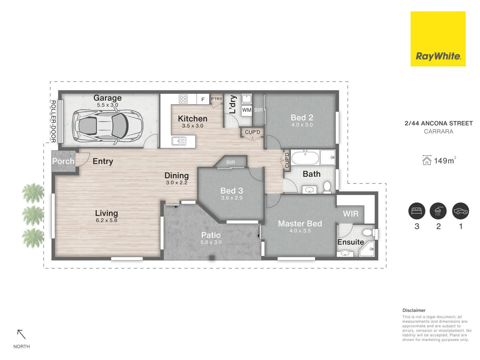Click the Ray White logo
click(x=438, y=39)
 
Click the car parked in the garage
click(x=108, y=126)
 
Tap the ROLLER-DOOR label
click(x=53, y=121)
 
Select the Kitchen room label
click(x=192, y=119)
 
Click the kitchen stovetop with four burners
click(x=183, y=99)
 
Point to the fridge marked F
click(x=203, y=99)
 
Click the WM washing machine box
click(x=247, y=110)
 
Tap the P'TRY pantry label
click(x=216, y=99)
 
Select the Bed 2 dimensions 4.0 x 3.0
click(x=302, y=125)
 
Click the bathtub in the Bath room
click(x=305, y=158)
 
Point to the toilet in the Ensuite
click(x=368, y=232)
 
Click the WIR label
click(x=351, y=214)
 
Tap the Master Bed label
click(x=300, y=223)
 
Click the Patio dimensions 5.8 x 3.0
click(x=211, y=242)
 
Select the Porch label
click(x=63, y=161)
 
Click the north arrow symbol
click(x=21, y=334)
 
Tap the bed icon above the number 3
click(x=417, y=211)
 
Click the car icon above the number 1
click(x=461, y=211)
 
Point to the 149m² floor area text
click(x=444, y=161)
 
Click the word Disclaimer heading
click(x=414, y=310)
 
